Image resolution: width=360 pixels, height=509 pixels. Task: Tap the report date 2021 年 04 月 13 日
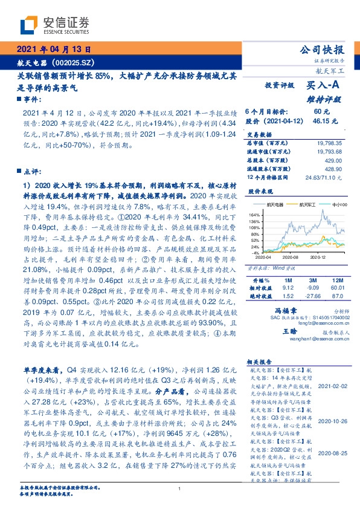click(x=54, y=50)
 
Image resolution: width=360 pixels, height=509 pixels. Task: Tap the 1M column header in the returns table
click(x=287, y=280)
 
